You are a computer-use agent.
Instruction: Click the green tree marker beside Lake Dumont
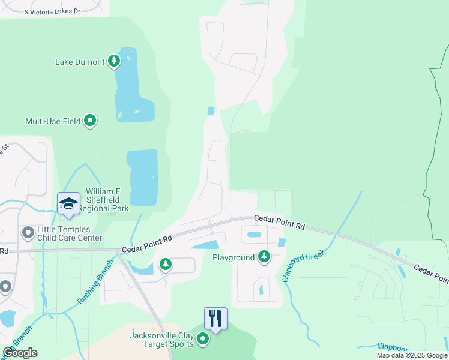tap(114, 61)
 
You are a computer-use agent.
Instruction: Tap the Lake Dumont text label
tap(80, 62)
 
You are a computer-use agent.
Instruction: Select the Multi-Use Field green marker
tap(90, 121)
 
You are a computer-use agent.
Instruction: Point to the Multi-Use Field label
tap(53, 121)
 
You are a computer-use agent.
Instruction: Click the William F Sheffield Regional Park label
tap(107, 200)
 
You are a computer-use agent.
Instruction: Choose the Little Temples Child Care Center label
tap(70, 234)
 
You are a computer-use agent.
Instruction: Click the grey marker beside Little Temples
tap(27, 232)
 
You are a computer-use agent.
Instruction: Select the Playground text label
tap(234, 257)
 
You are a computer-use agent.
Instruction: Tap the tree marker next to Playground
tap(264, 257)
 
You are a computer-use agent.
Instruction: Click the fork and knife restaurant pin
tap(215, 318)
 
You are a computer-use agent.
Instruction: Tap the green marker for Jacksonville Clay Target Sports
tap(203, 340)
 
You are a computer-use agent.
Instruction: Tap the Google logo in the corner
tap(20, 353)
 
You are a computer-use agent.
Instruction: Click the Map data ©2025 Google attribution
tap(412, 355)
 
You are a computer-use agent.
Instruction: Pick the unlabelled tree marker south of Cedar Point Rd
tap(165, 264)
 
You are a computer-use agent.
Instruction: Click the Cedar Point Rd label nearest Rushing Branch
tap(147, 242)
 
